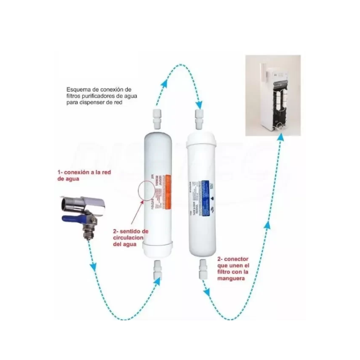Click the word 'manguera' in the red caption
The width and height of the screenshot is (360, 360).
pyautogui.click(x=230, y=279)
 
